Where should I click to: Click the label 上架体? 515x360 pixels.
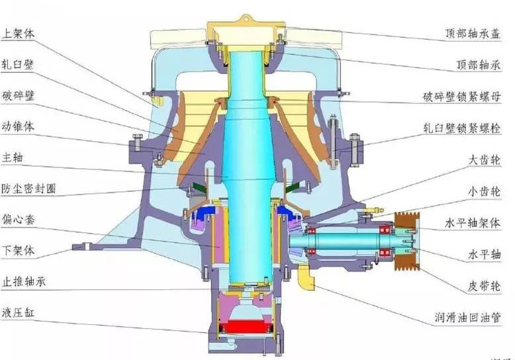point(18,34)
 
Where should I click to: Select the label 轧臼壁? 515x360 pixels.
point(18,64)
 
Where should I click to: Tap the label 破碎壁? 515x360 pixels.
point(18,95)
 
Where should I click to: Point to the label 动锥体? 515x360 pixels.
point(18,126)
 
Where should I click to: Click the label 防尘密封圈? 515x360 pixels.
point(28,189)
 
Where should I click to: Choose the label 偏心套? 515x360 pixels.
point(18,219)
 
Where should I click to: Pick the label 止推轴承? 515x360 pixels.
point(23,281)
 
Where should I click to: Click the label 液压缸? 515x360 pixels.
point(18,312)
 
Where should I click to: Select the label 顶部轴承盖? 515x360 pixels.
point(473,33)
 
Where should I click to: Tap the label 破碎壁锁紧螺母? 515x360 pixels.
point(462,97)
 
